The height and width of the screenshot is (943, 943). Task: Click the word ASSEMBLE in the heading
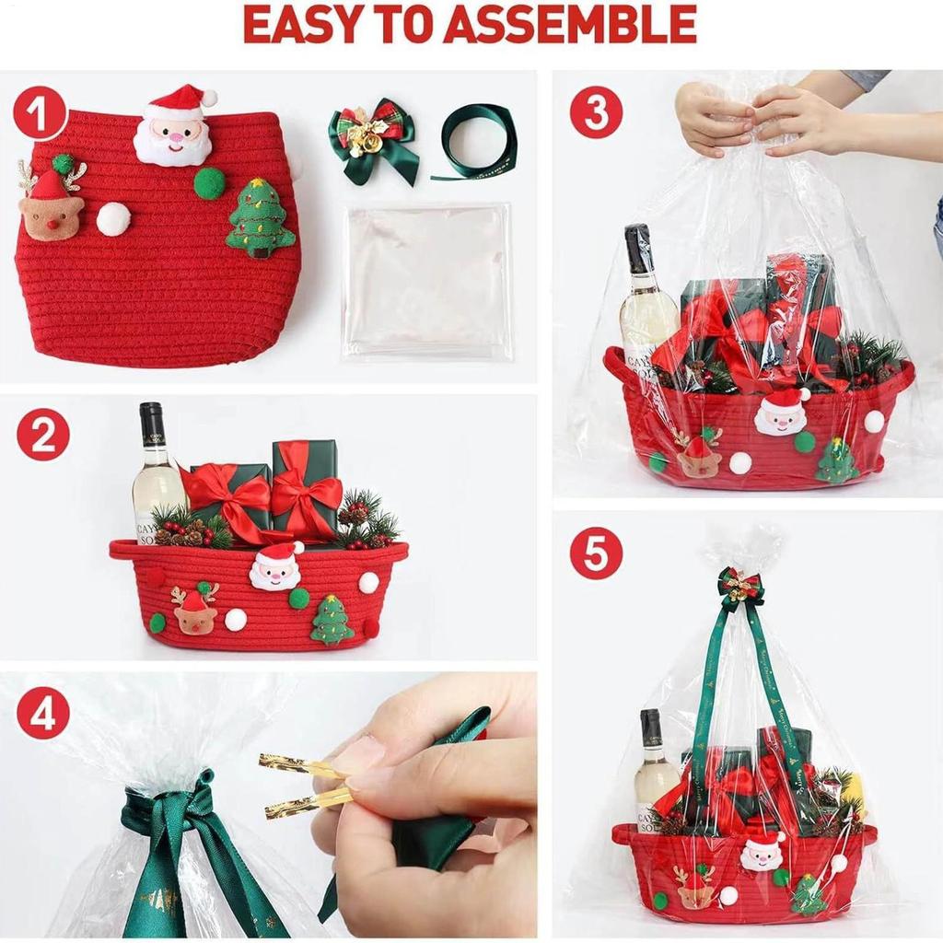pos(569,25)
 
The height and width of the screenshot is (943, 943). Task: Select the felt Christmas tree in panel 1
pos(261,218)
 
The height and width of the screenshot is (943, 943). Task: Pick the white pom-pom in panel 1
pos(113,218)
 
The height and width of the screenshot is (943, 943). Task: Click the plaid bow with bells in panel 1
pos(372,139)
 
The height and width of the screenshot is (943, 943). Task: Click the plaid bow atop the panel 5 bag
pos(741,588)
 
